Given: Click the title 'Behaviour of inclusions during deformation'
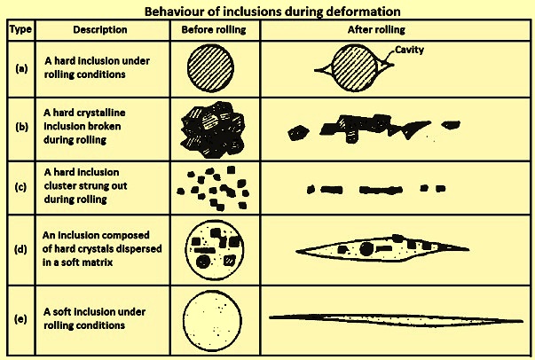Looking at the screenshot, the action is tap(272, 12).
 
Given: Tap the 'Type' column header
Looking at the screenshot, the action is tap(20, 29).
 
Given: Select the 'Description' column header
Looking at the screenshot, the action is tap(100, 29).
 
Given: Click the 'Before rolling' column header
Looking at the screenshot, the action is tap(214, 29).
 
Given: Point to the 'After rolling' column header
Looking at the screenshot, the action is tap(376, 29).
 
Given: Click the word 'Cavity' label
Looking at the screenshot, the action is tap(409, 50).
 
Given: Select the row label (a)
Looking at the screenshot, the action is tap(21, 69).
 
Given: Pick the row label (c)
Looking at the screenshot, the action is tap(20, 187).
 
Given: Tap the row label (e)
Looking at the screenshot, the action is tap(20, 319).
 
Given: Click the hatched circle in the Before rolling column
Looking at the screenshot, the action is tap(210, 68).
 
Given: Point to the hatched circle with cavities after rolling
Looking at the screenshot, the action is tap(354, 68).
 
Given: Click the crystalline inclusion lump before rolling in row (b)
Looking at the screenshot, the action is tap(213, 129).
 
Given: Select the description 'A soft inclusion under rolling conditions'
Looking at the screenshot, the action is tap(95, 318).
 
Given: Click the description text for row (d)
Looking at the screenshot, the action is tap(102, 249).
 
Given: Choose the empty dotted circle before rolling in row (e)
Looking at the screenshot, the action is tap(212, 320).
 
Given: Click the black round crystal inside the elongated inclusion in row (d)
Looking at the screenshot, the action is tap(366, 249).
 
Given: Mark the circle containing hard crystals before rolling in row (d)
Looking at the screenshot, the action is tap(215, 249).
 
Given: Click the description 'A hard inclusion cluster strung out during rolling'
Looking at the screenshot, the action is tap(85, 186).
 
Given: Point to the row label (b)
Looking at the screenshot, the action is tap(21, 127).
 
